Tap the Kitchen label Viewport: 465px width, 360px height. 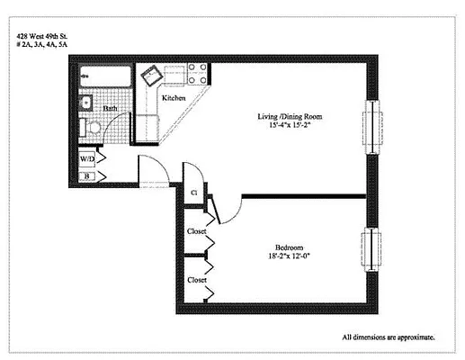(x=174, y=97)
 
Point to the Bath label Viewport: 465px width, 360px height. (x=111, y=108)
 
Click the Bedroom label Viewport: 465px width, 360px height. (x=289, y=247)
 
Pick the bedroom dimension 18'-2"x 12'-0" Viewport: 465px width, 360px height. (x=289, y=257)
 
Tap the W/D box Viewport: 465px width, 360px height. (x=87, y=158)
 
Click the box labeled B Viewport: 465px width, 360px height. (x=87, y=175)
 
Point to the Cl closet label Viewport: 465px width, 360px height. (x=193, y=193)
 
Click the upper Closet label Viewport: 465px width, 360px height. (x=197, y=231)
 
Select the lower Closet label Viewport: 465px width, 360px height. (x=197, y=280)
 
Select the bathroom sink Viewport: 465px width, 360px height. (x=86, y=103)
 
